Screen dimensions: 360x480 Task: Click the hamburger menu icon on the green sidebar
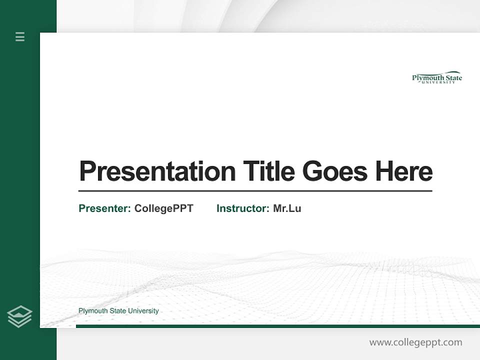click(20, 36)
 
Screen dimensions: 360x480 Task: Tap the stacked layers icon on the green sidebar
click(20, 316)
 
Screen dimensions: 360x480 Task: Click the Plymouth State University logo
click(437, 77)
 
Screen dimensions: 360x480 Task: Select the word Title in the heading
click(268, 171)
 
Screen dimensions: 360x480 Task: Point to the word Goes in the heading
click(335, 171)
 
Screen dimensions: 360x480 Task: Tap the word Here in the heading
click(404, 171)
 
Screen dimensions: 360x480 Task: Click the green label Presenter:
click(105, 208)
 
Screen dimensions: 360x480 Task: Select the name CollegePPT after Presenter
click(164, 208)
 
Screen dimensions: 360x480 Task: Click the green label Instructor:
click(243, 208)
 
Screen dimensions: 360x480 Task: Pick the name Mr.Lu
click(287, 208)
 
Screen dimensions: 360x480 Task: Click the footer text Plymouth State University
click(118, 311)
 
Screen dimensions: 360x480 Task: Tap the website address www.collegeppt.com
click(415, 342)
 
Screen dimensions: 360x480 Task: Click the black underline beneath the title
click(255, 190)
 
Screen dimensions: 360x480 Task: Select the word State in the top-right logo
click(452, 77)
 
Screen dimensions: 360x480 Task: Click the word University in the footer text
click(143, 311)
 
